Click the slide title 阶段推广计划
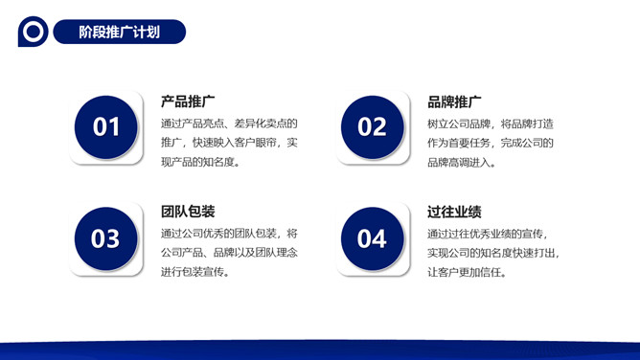[119, 32]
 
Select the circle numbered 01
[105, 126]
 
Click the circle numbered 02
[372, 126]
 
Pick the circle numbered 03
[105, 238]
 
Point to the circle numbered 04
[372, 238]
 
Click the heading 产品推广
[188, 101]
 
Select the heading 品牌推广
[454, 101]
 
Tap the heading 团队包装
[188, 212]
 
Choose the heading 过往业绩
[454, 212]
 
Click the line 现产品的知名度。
[201, 162]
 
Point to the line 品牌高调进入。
[462, 162]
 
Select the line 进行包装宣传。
[195, 272]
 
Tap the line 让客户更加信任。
[468, 272]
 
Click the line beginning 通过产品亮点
[229, 124]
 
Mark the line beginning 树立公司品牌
[491, 124]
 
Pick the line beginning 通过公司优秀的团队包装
[229, 234]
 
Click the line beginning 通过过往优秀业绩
[488, 234]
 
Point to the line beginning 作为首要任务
[491, 143]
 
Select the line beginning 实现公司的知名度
[493, 253]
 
